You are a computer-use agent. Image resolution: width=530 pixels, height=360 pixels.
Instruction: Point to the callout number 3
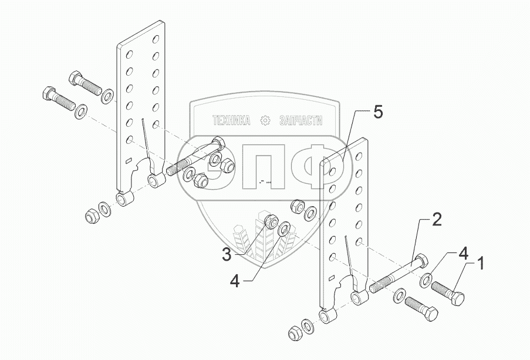coord(227,254)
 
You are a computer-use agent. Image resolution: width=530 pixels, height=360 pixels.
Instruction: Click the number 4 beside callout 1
coord(463,255)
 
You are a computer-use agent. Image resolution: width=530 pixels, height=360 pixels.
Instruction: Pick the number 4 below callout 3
coord(235,281)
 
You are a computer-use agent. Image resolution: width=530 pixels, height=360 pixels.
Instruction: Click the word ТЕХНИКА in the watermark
coord(231,120)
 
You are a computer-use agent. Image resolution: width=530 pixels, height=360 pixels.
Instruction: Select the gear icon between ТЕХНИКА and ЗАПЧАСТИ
coord(265,120)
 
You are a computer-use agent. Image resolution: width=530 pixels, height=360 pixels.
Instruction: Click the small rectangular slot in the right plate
coord(331,278)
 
